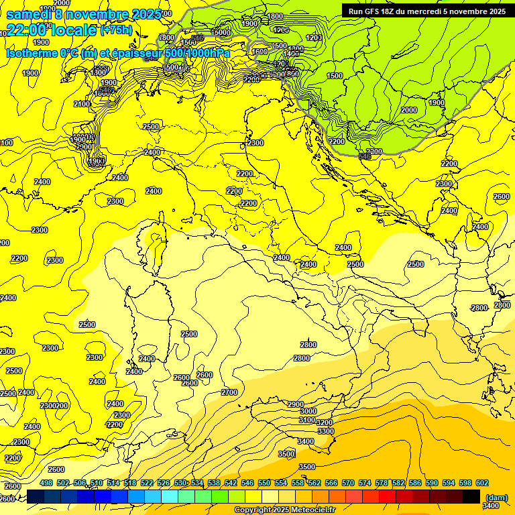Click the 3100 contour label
pyautogui.click(x=306, y=420)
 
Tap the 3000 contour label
pyautogui.click(x=308, y=411)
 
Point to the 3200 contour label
pyautogui.click(x=324, y=422)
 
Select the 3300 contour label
pyautogui.click(x=326, y=431)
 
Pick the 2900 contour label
pyautogui.click(x=295, y=404)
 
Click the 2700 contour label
pyautogui.click(x=229, y=392)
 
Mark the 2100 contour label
pyautogui.click(x=82, y=104)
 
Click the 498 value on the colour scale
pyautogui.click(x=46, y=483)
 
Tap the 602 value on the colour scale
pyautogui.click(x=481, y=483)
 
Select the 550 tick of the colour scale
pyautogui.click(x=264, y=483)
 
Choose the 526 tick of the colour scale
pyautogui.click(x=164, y=483)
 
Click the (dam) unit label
pyautogui.click(x=497, y=498)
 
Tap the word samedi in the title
pyautogui.click(x=29, y=14)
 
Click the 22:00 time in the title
pyautogui.click(x=27, y=30)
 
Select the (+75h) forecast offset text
pyautogui.click(x=116, y=30)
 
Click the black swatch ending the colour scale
pyautogui.click(x=471, y=496)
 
